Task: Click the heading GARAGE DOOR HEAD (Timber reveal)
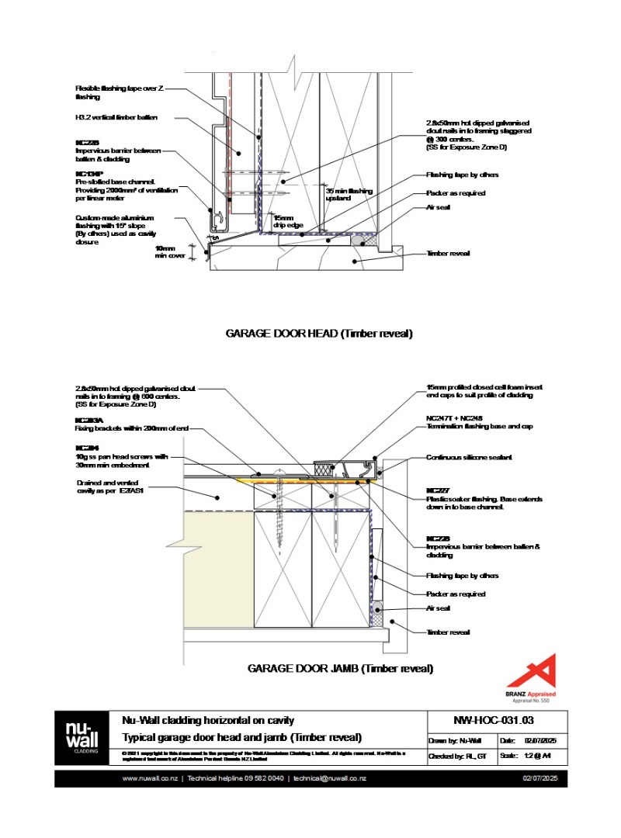(x=318, y=334)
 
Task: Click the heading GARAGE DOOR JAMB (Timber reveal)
(x=340, y=668)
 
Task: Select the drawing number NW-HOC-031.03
(x=493, y=721)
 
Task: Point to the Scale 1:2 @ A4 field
(x=533, y=755)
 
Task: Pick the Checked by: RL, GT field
(x=457, y=755)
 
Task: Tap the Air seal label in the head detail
(x=438, y=207)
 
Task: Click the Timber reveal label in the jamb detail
(x=448, y=632)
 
